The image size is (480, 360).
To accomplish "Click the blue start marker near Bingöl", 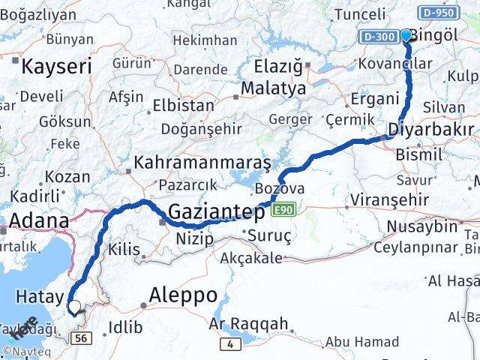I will (406, 34).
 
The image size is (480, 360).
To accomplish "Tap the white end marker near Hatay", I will (74, 306).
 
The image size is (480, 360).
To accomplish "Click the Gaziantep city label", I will (216, 212).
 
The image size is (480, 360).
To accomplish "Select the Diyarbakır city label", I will (430, 131).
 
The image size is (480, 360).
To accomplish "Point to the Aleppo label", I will (184, 293).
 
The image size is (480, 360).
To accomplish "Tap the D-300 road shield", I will (377, 36).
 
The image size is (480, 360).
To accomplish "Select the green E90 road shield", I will (282, 209).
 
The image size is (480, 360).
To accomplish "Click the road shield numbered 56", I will (82, 340).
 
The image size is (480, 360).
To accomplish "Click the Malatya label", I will (273, 88).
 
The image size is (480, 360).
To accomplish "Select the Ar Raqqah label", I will (248, 324).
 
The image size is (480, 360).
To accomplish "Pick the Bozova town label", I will (280, 188).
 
